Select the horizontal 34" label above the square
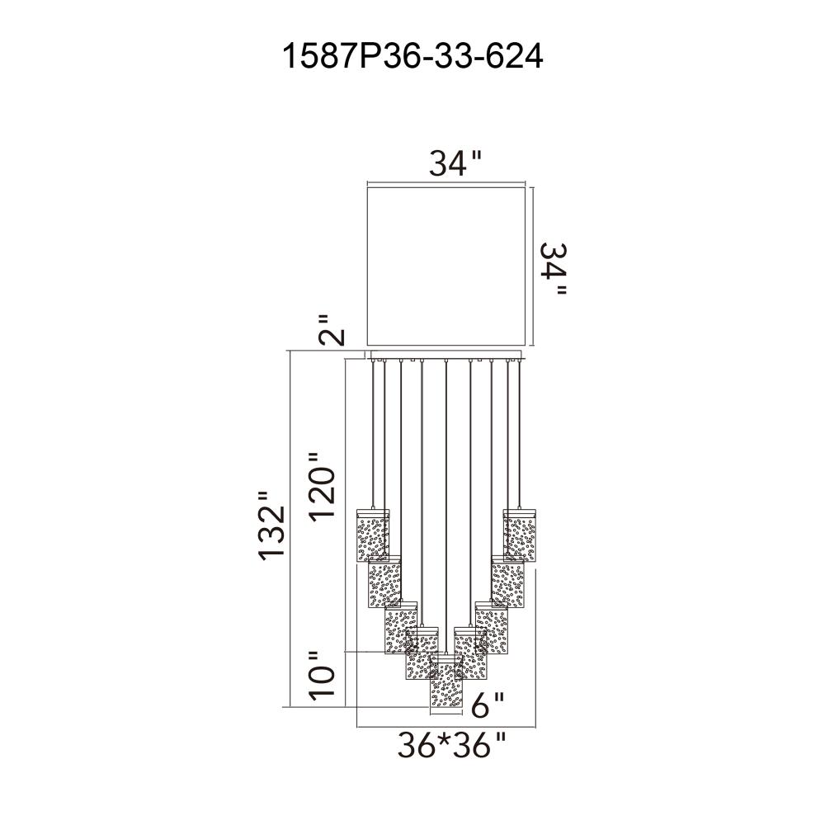[x=455, y=163]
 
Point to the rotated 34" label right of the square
[x=554, y=268]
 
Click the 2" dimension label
[x=331, y=331]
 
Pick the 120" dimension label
[x=322, y=487]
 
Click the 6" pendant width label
[x=488, y=705]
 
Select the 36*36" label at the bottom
[x=451, y=745]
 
